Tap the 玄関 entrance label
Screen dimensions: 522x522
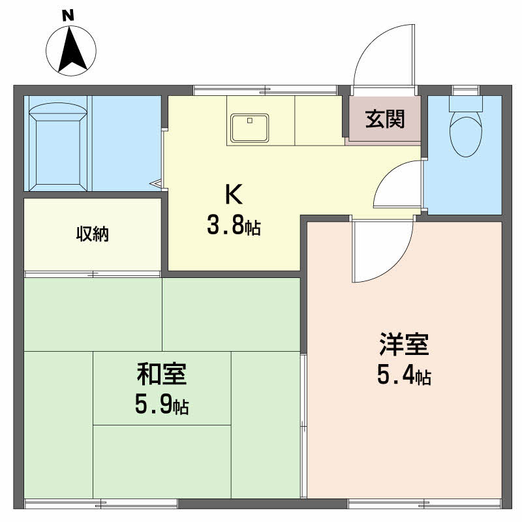pos(384,119)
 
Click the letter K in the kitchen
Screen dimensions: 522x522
pos(234,194)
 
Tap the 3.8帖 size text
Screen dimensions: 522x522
pos(234,226)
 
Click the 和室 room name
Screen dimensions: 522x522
pos(162,375)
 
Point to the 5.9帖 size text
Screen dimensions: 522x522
pos(162,406)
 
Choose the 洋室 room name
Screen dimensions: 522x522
pos(404,343)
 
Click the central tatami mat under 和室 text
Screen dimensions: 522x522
pos(162,388)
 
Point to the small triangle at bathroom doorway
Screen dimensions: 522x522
pos(157,185)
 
